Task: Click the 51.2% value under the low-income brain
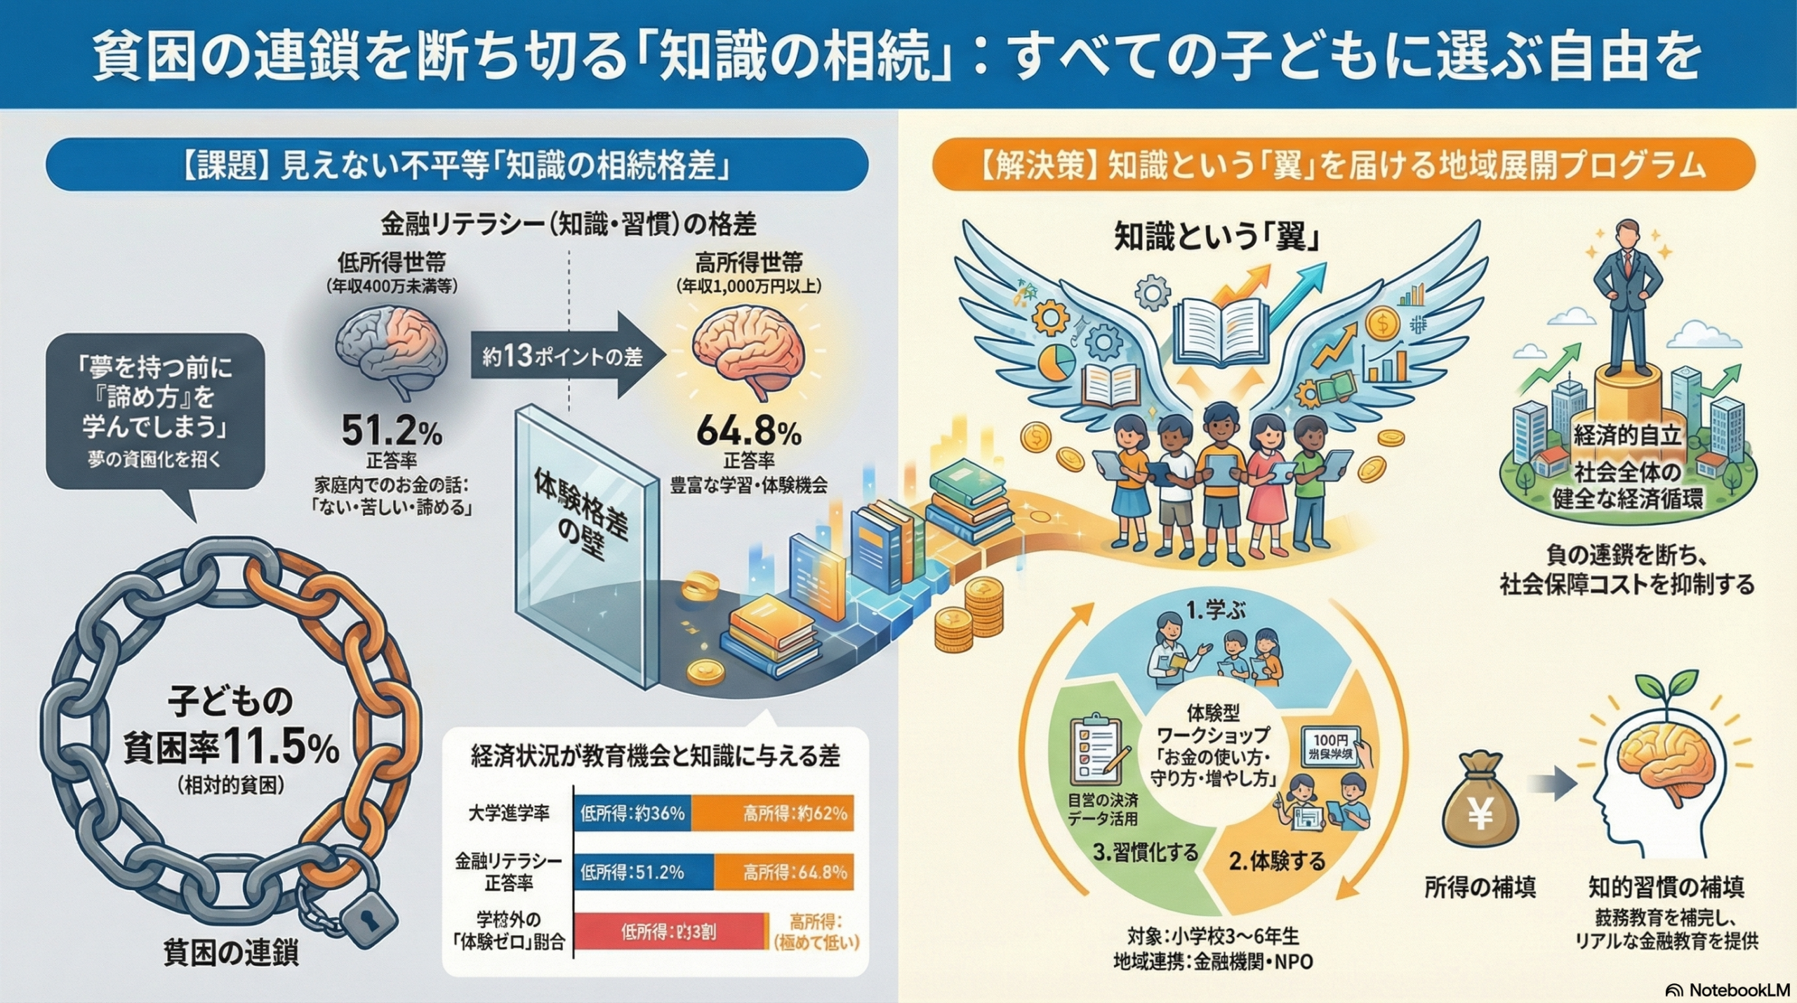[391, 432]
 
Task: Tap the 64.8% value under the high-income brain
[748, 432]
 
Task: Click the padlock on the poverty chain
[367, 917]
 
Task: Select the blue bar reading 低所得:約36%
[632, 813]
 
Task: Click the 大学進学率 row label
[509, 813]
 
